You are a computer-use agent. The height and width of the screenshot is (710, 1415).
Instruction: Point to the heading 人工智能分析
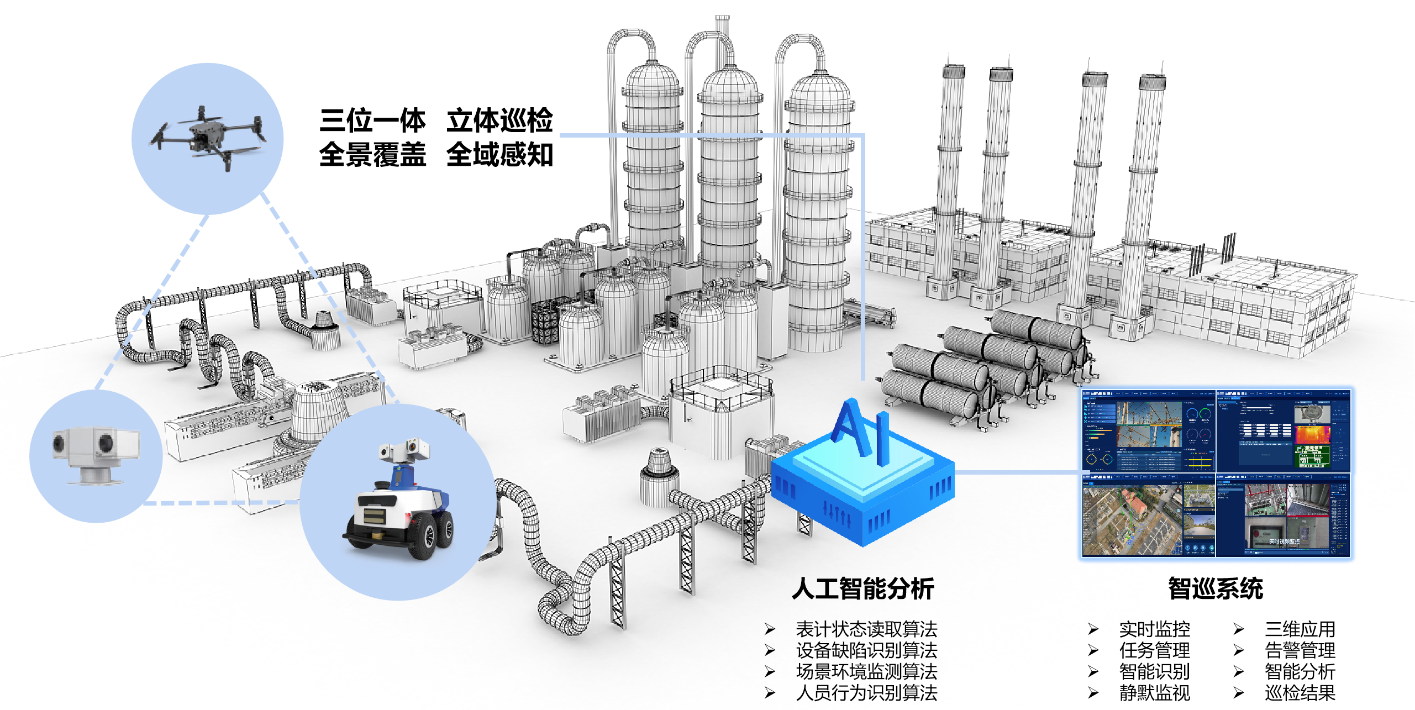pyautogui.click(x=862, y=588)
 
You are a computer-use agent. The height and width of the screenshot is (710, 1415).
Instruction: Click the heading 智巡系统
pyautogui.click(x=1215, y=588)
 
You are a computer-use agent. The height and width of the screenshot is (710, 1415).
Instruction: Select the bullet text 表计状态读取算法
pyautogui.click(x=866, y=629)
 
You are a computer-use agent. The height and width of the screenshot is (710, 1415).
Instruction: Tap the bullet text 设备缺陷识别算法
pyautogui.click(x=866, y=650)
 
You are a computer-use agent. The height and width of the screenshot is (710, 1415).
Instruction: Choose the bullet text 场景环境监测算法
pyautogui.click(x=866, y=671)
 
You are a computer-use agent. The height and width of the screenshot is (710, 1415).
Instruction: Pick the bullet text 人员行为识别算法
pyautogui.click(x=866, y=692)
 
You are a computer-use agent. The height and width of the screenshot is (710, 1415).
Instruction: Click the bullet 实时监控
pyautogui.click(x=1154, y=629)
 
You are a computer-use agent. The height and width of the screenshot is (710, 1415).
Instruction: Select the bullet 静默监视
pyautogui.click(x=1154, y=692)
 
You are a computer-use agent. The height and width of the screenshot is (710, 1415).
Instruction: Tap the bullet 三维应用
pyautogui.click(x=1300, y=629)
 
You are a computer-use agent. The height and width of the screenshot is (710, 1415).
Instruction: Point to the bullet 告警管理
pyautogui.click(x=1300, y=650)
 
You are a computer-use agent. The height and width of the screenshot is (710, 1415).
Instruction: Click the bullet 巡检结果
pyautogui.click(x=1300, y=692)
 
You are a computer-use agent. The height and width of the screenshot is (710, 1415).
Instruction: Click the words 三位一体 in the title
pyautogui.click(x=372, y=120)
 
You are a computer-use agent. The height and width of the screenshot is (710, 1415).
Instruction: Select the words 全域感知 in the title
pyautogui.click(x=499, y=155)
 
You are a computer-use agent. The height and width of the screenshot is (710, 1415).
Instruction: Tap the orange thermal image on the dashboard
pyautogui.click(x=1312, y=435)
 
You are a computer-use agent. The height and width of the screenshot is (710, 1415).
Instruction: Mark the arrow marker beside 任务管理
pyautogui.click(x=1093, y=650)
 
